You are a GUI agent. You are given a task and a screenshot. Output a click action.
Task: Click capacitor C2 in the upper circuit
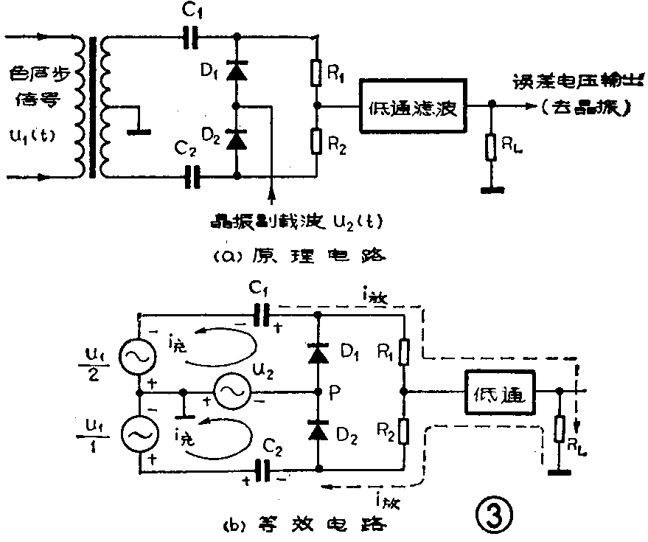194,176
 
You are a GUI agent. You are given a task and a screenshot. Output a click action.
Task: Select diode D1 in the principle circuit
236,71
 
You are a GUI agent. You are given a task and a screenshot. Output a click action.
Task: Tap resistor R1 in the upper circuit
316,72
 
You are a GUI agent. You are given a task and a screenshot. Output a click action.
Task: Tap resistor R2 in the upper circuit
316,139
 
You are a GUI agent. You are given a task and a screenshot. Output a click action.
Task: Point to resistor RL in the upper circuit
490,148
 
